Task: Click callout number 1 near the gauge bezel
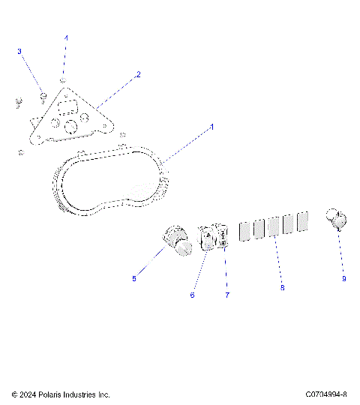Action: (212, 127)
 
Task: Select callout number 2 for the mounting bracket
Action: (138, 75)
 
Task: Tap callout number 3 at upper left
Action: (19, 51)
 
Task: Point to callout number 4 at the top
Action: (65, 37)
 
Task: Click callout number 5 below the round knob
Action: (134, 279)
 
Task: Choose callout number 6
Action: (192, 295)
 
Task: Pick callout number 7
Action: (226, 295)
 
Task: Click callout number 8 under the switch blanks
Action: (282, 287)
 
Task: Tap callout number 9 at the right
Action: (343, 278)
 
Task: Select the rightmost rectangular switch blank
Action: (303, 221)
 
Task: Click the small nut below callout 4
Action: (64, 80)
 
